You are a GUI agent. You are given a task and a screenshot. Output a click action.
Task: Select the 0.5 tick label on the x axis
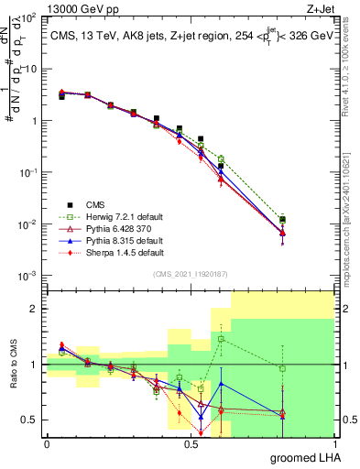click(x=190, y=444)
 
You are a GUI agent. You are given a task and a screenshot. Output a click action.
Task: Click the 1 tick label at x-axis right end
click(x=333, y=444)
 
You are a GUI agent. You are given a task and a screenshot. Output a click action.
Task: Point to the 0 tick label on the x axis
click(x=46, y=444)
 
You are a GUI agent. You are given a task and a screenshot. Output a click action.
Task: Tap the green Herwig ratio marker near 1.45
click(x=221, y=339)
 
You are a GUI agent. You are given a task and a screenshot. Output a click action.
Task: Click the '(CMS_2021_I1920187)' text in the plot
click(x=190, y=274)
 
